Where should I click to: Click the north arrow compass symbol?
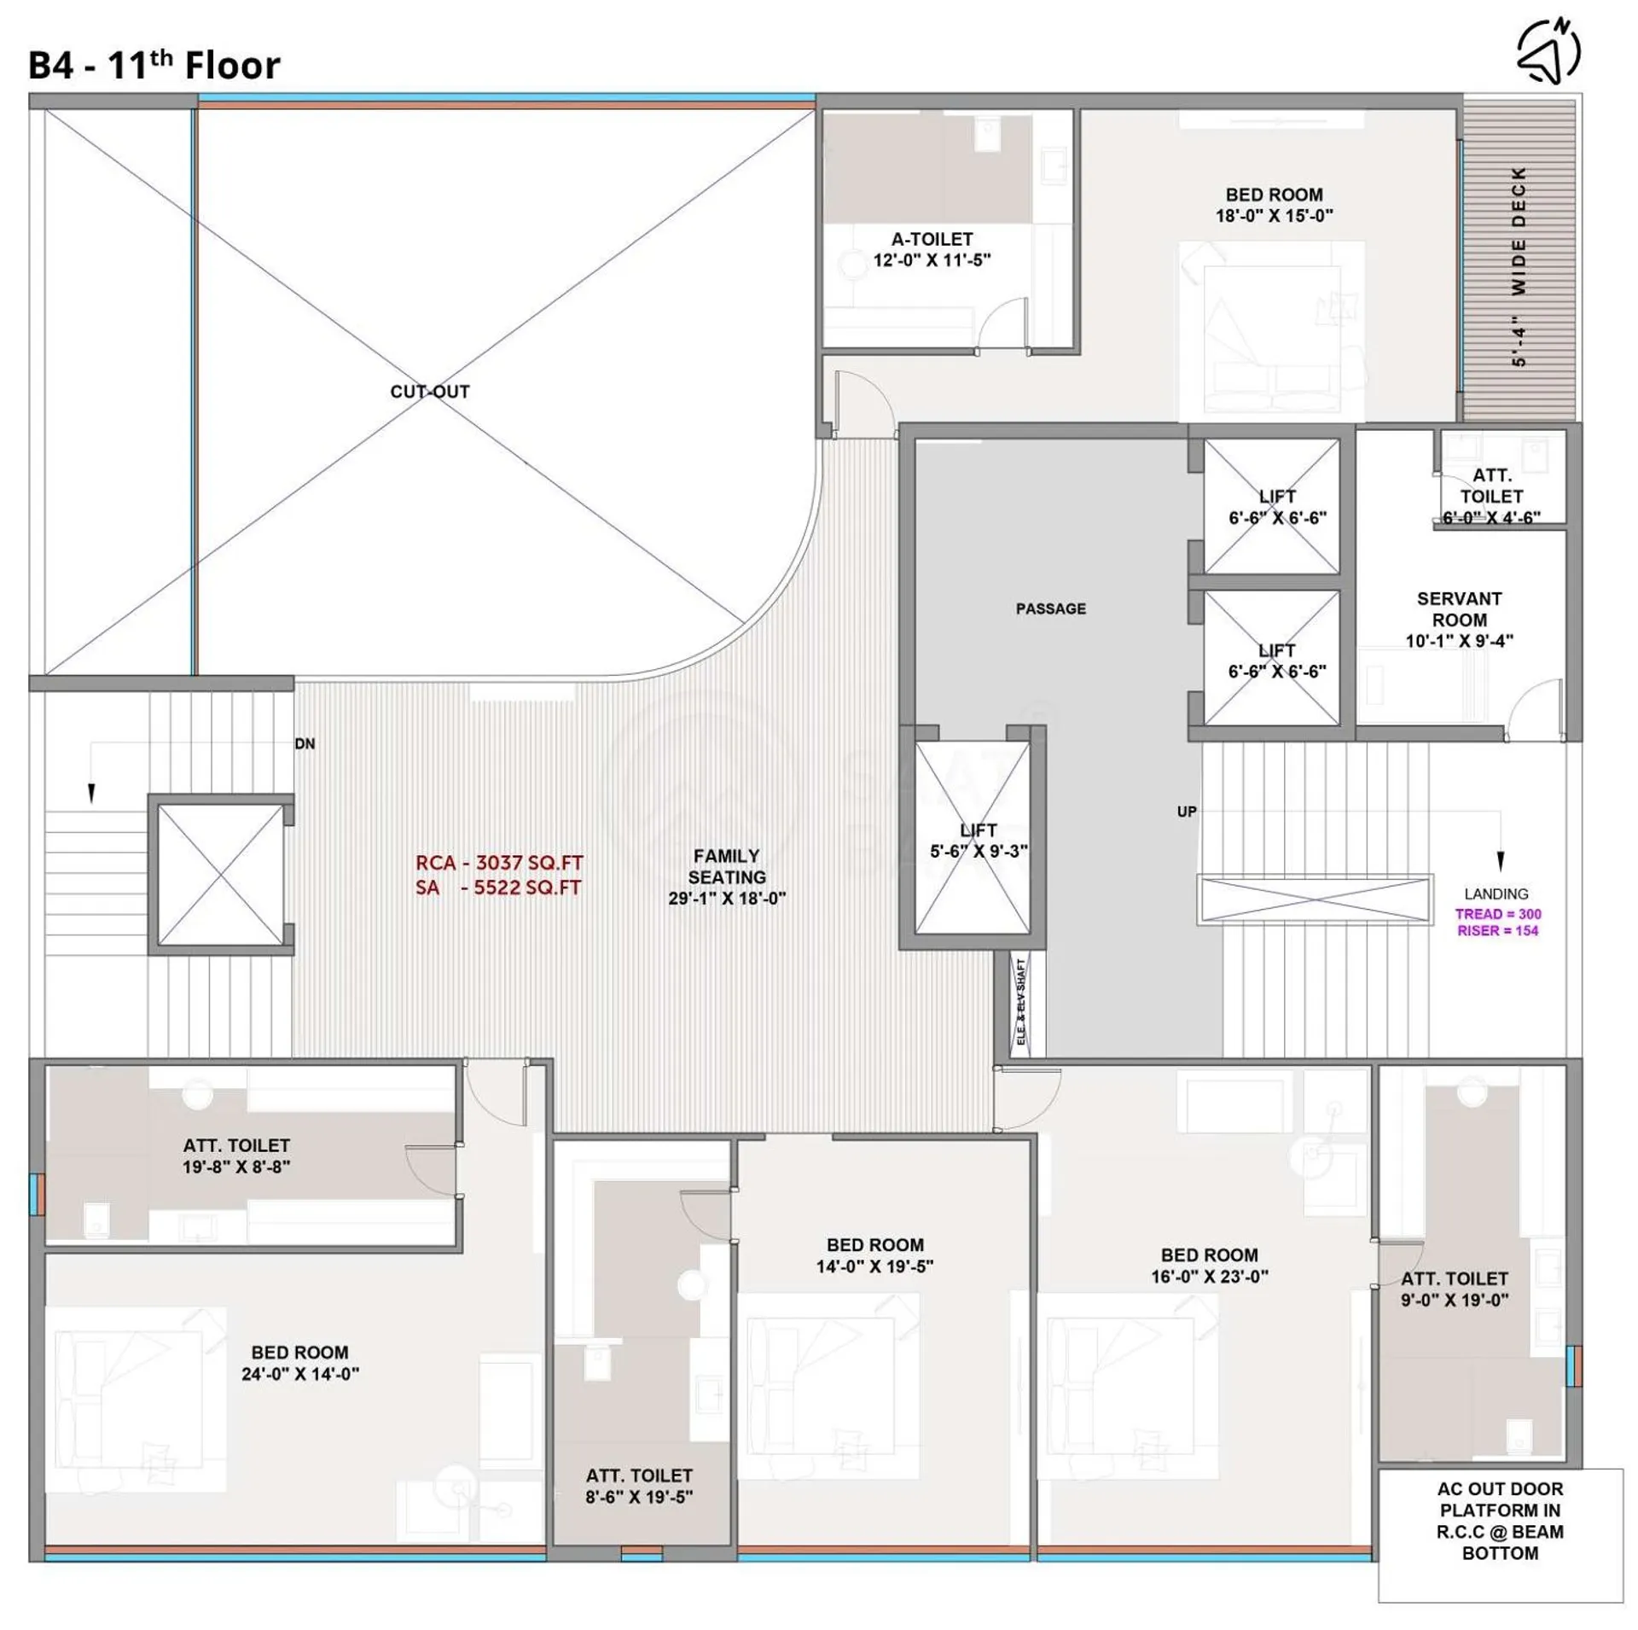1548,50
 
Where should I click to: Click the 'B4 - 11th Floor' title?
154,66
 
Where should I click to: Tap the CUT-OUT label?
429,392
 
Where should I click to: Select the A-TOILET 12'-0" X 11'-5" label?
932,250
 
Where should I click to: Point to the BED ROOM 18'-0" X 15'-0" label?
1274,206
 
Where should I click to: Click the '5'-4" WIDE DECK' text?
1519,267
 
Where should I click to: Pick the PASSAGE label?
1050,608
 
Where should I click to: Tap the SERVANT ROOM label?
1459,609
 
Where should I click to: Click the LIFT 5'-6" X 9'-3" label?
979,841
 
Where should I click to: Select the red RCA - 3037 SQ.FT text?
499,863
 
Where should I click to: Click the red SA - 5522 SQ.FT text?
498,888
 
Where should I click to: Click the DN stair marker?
305,744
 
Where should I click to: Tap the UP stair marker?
1187,812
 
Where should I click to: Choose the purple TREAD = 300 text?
1498,914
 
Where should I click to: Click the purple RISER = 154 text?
1498,931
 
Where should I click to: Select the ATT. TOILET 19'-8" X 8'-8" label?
236,1156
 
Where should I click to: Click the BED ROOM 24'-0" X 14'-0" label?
299,1363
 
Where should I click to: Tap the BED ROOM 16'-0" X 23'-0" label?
1209,1266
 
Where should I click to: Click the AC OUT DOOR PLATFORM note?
1500,1522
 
